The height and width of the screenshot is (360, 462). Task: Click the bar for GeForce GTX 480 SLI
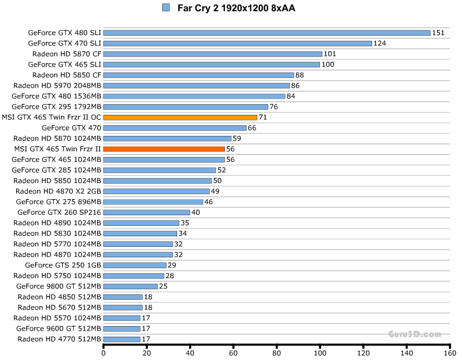tap(267, 33)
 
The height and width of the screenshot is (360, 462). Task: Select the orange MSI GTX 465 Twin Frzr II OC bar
tap(180, 117)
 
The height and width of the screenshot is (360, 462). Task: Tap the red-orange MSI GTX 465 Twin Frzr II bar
tap(164, 149)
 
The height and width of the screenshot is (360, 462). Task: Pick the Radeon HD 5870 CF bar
tap(213, 54)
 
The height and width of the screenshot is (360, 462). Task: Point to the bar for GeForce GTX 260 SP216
tap(147, 212)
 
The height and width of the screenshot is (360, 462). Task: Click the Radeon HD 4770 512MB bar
tap(122, 339)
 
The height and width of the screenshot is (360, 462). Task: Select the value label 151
tap(439, 33)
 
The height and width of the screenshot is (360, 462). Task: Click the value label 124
tap(380, 43)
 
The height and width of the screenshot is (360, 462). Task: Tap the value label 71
tap(263, 117)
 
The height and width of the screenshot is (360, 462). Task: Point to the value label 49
tap(215, 191)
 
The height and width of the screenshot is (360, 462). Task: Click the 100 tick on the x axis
tap(320, 352)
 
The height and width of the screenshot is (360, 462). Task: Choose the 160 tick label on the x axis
tap(450, 352)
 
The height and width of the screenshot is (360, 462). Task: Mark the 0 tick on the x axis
tap(104, 352)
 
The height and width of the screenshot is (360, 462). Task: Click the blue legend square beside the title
tap(166, 7)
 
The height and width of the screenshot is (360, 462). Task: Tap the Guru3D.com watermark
tap(415, 334)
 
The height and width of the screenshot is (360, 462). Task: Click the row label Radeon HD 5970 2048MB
tap(57, 85)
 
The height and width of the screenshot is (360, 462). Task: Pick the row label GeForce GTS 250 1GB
tap(63, 265)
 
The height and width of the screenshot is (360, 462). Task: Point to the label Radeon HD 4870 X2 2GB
tap(58, 191)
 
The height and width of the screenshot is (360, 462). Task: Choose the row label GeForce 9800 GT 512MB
tap(59, 286)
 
